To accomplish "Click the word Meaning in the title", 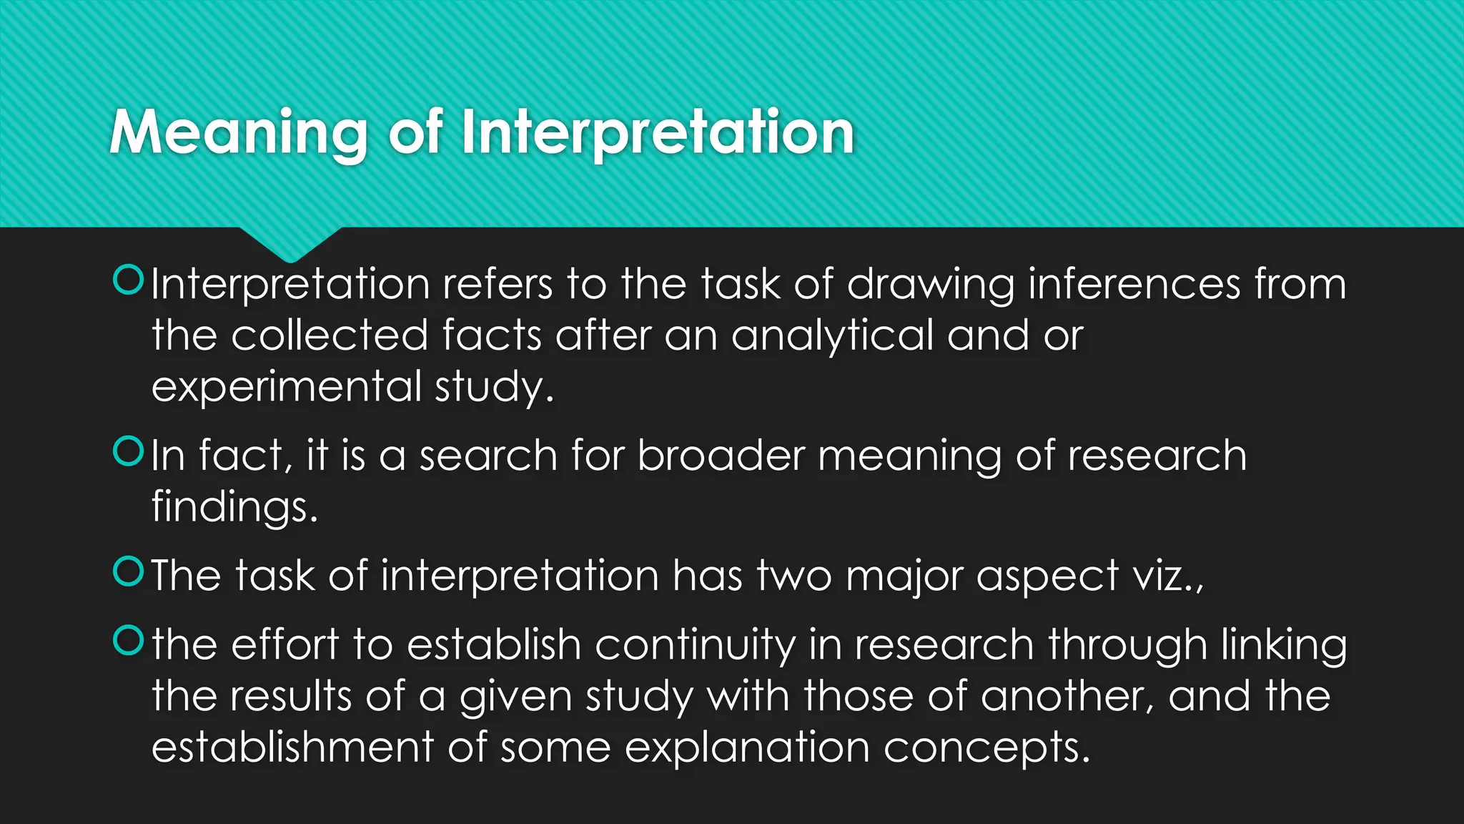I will [x=239, y=133].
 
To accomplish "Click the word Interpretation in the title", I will [x=658, y=133].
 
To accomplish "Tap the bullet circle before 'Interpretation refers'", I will [x=129, y=280].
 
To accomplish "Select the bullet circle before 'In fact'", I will [x=129, y=451].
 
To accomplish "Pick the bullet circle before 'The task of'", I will [x=129, y=572].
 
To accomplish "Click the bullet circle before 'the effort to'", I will [x=129, y=640].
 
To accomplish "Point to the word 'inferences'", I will [x=1134, y=284].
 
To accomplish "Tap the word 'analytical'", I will [x=832, y=336].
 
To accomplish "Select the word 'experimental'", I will [x=287, y=388].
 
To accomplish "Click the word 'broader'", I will [x=721, y=456].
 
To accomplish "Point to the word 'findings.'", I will [x=234, y=508].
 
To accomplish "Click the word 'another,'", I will [x=1067, y=696].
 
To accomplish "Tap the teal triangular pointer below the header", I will [x=290, y=243].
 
